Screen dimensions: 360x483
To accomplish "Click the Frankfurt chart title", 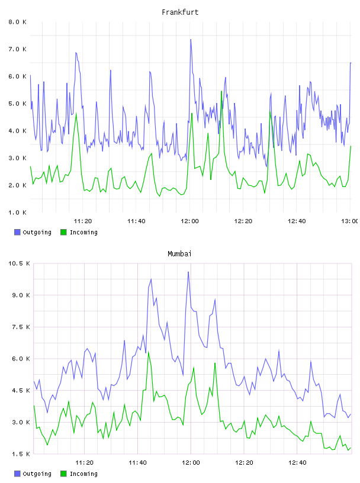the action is tap(180, 12).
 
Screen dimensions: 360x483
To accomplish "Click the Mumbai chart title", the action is tap(179, 254).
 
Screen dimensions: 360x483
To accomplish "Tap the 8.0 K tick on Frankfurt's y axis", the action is tap(17, 22).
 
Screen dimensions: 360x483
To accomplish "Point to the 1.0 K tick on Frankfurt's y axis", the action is tap(17, 212).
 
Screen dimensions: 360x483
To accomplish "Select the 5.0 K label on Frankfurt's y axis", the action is tap(17, 104).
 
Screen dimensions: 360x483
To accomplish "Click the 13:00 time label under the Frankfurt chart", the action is tap(351, 221).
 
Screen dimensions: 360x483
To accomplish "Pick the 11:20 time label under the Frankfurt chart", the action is tap(83, 221).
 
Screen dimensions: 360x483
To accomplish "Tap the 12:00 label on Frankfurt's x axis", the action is tap(190, 221).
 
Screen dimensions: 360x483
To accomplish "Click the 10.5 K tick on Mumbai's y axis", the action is tap(19, 263).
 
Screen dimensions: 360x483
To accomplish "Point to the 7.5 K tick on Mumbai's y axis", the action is tap(21, 327).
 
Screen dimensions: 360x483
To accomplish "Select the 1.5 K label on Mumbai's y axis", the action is tap(21, 454).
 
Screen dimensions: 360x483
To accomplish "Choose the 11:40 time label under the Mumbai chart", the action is tap(137, 463).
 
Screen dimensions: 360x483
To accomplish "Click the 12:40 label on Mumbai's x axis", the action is tap(297, 463).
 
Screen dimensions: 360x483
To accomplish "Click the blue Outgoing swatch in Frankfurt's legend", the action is tap(17, 232).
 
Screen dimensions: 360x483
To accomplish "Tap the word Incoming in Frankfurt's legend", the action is tap(83, 232).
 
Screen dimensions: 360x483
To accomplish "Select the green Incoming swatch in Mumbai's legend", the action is tap(63, 474).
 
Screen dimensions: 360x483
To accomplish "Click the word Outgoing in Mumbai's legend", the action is tap(37, 474).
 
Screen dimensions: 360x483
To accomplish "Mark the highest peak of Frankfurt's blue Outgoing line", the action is tap(191, 40).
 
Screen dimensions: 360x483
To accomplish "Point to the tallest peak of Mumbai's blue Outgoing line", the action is tap(188, 272).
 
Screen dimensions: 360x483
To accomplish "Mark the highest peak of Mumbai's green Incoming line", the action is tap(148, 352).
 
